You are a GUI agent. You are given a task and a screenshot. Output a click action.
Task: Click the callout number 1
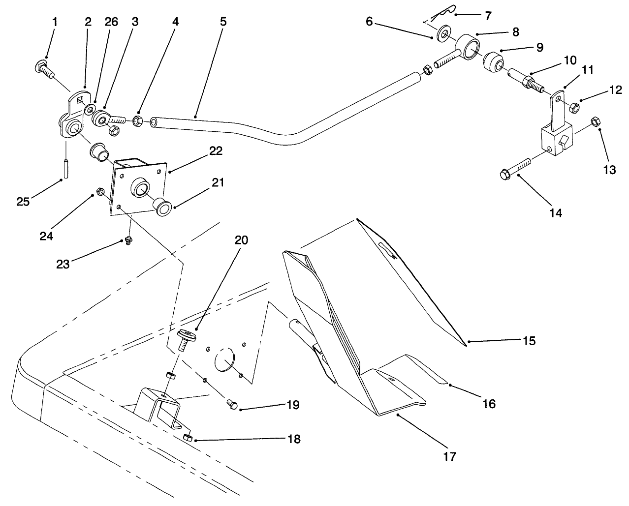54,22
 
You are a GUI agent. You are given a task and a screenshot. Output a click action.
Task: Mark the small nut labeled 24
100,191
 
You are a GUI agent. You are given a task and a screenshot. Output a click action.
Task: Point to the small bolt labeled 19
232,404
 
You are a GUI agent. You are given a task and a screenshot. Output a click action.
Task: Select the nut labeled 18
187,438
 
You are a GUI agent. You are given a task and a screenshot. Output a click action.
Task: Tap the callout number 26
112,22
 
